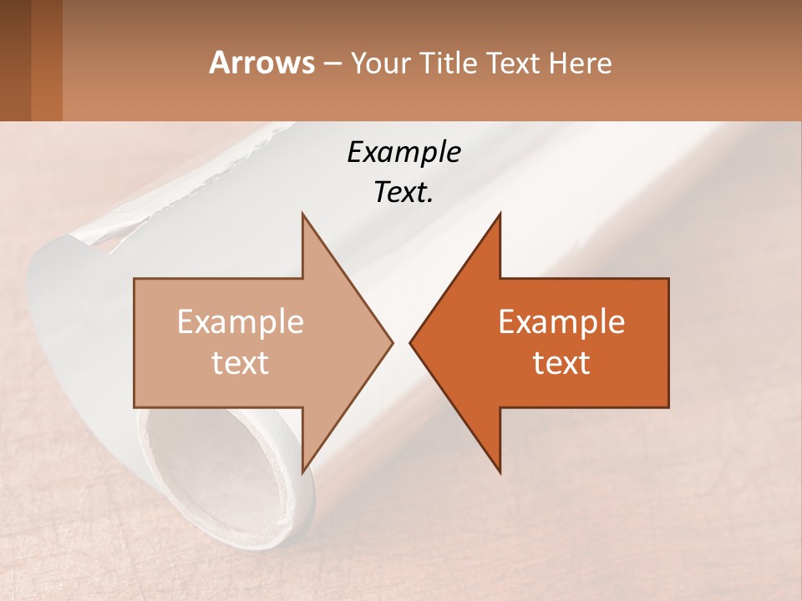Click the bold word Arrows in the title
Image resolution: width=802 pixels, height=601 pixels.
(x=261, y=63)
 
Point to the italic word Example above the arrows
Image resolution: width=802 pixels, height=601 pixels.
(x=404, y=153)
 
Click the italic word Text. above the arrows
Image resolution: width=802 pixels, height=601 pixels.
(x=404, y=192)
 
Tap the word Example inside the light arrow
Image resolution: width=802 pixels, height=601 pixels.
(x=241, y=322)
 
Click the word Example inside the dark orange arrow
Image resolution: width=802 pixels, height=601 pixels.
(x=561, y=322)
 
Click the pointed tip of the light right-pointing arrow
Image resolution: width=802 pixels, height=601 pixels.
(x=392, y=342)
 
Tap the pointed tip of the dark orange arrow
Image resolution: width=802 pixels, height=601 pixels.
(x=410, y=342)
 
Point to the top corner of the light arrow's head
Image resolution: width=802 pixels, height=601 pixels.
(x=302, y=214)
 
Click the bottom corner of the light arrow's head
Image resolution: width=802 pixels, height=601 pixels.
(x=302, y=472)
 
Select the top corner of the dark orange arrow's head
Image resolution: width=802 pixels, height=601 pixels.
(x=500, y=214)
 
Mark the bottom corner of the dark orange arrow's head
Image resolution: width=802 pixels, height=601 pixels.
(x=500, y=472)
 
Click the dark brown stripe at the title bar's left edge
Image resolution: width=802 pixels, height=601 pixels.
(x=15, y=60)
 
